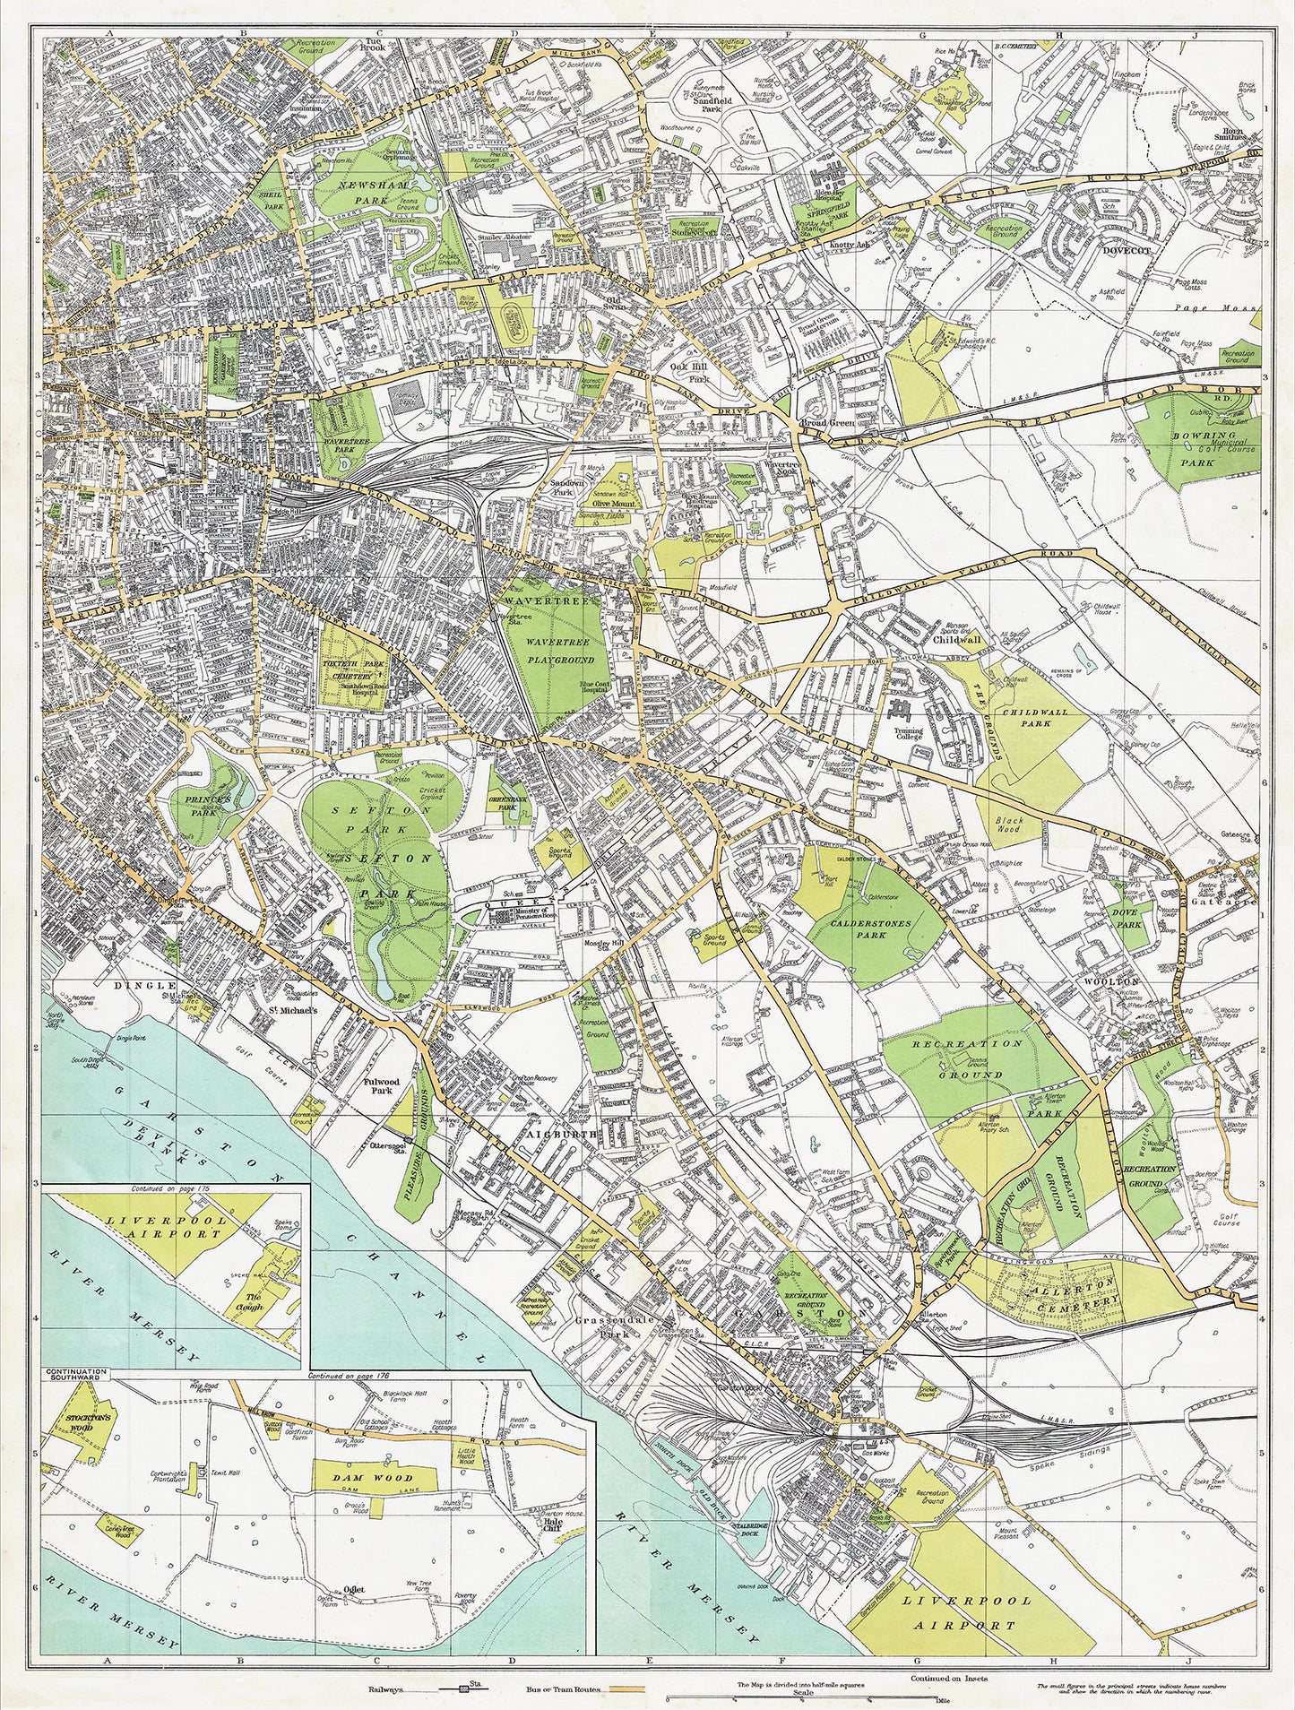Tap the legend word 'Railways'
(x=388, y=1688)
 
